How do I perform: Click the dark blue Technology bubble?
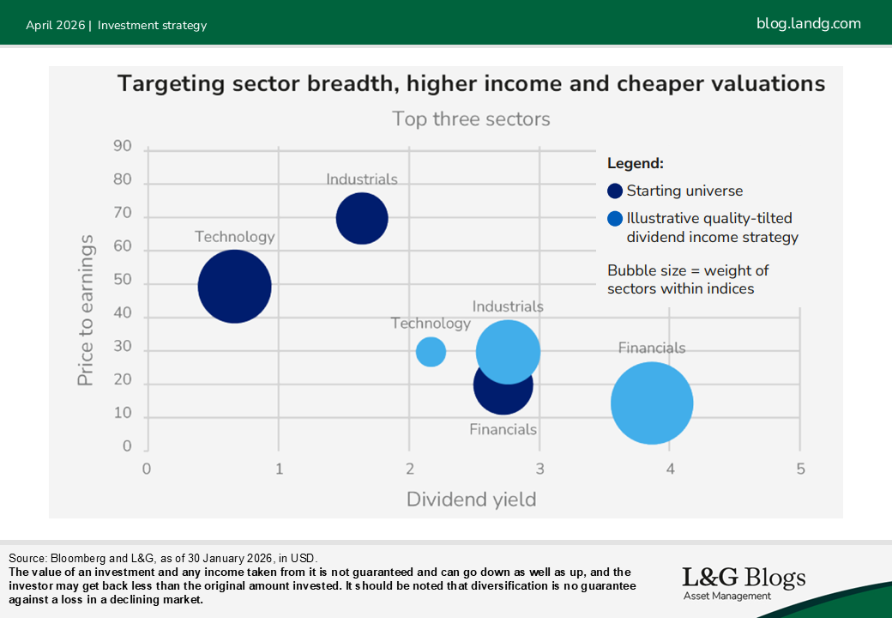coord(234,286)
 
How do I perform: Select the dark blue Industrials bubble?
coord(362,218)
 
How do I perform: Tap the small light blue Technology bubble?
coord(431,351)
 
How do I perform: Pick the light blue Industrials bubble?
coord(508,351)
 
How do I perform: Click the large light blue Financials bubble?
coord(652,403)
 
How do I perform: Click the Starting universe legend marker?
coord(615,191)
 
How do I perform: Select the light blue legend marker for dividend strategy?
coord(615,219)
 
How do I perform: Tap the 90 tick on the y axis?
coord(123,147)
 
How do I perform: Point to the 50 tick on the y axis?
coord(123,281)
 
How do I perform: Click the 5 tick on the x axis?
coord(800,469)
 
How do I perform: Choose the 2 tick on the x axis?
coord(409,469)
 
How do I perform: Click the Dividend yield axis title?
coord(471,499)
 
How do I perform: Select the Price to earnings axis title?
coord(86,312)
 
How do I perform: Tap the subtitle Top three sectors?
coord(471,119)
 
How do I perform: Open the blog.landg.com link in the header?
coord(808,24)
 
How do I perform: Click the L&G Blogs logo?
coord(743,582)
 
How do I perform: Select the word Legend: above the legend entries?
coord(636,163)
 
